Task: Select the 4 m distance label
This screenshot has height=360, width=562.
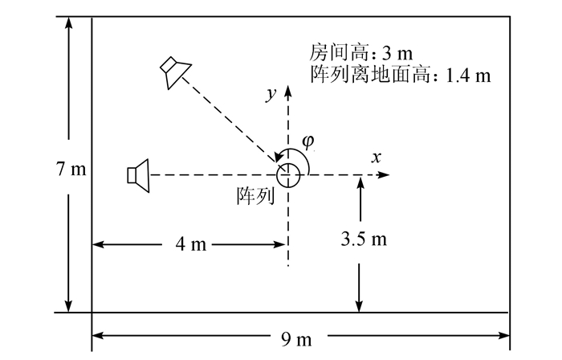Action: point(190,244)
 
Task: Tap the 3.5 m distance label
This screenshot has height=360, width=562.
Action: point(364,239)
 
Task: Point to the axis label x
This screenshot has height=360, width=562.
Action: point(375,157)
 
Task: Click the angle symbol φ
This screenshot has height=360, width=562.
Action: point(309,141)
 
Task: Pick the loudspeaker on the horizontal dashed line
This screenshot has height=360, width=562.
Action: point(139,174)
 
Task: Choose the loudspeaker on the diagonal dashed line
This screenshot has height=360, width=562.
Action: point(173,71)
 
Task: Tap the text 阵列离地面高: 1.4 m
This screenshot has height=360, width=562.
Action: point(399,76)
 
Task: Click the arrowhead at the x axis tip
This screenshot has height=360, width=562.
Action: point(386,174)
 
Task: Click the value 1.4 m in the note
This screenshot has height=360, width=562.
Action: point(467,76)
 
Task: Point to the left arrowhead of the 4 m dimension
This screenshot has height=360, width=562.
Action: point(98,244)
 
